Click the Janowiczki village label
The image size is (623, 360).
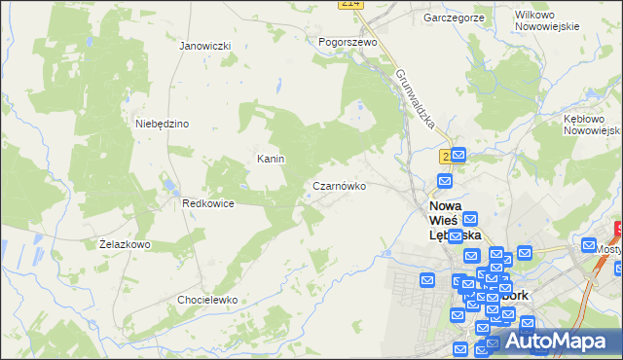click(204, 46)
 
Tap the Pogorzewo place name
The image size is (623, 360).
click(348, 43)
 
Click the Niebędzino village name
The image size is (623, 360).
click(162, 124)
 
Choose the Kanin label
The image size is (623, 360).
click(270, 158)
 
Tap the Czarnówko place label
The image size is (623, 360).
click(339, 185)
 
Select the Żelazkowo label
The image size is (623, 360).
click(125, 244)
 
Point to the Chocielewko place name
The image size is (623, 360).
click(207, 300)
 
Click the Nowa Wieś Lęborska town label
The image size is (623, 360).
click(455, 221)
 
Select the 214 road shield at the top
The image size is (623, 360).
click(351, 5)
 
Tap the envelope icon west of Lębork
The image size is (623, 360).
click(428, 280)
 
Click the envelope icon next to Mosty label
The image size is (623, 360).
click(590, 245)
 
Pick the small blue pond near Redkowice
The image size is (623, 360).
click(166, 184)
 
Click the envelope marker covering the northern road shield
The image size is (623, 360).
click(458, 155)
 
